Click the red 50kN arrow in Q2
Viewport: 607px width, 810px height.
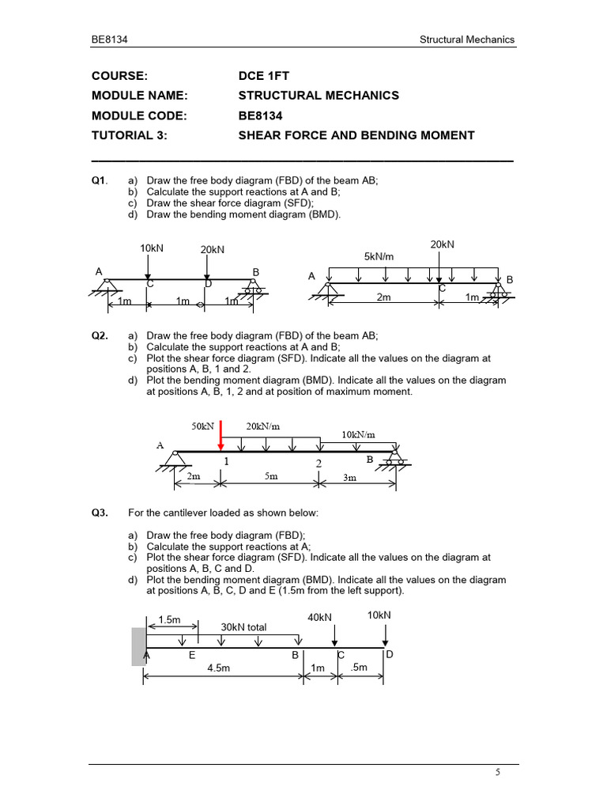tap(221, 436)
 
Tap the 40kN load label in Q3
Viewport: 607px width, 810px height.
tap(319, 617)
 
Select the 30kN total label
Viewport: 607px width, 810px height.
tap(243, 627)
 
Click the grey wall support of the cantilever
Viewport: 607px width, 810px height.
tap(138, 646)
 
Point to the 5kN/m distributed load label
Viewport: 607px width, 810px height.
tap(379, 257)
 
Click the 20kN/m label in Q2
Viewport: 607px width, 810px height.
tap(263, 426)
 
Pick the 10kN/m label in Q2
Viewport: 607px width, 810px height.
tap(358, 434)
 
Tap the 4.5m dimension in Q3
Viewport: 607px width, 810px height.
tap(219, 668)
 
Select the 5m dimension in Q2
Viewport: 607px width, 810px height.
tap(270, 477)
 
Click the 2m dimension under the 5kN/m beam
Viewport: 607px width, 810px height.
tap(384, 297)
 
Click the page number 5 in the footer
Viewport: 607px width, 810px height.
tap(498, 774)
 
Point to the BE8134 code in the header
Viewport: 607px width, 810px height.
tap(109, 40)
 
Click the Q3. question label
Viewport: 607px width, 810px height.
tap(100, 513)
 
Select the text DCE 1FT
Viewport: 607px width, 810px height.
tap(264, 76)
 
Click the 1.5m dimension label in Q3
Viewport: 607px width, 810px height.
tap(170, 621)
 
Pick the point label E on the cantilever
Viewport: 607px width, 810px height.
tap(192, 656)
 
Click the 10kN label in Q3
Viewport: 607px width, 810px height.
tap(379, 615)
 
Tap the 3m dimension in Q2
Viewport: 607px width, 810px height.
tap(349, 477)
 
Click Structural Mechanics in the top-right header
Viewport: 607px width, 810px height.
tap(467, 40)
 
